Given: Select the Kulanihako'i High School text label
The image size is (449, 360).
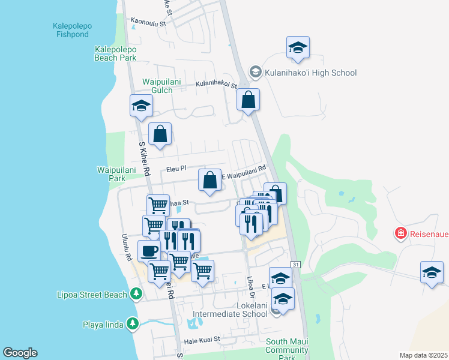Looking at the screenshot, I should [311, 73].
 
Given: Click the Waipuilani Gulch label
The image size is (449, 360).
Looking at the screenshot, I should [157, 86].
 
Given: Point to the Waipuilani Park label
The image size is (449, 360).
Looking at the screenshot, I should [111, 174].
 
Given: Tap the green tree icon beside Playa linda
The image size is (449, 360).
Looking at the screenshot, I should [132, 325].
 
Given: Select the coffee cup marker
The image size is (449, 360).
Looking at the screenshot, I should [149, 250].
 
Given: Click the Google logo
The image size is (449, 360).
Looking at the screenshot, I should [20, 353].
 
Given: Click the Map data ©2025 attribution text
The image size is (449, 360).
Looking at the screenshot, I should [423, 355].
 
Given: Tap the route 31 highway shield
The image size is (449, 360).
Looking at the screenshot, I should [295, 264].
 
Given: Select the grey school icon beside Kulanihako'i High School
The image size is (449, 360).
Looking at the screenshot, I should [255, 73].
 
